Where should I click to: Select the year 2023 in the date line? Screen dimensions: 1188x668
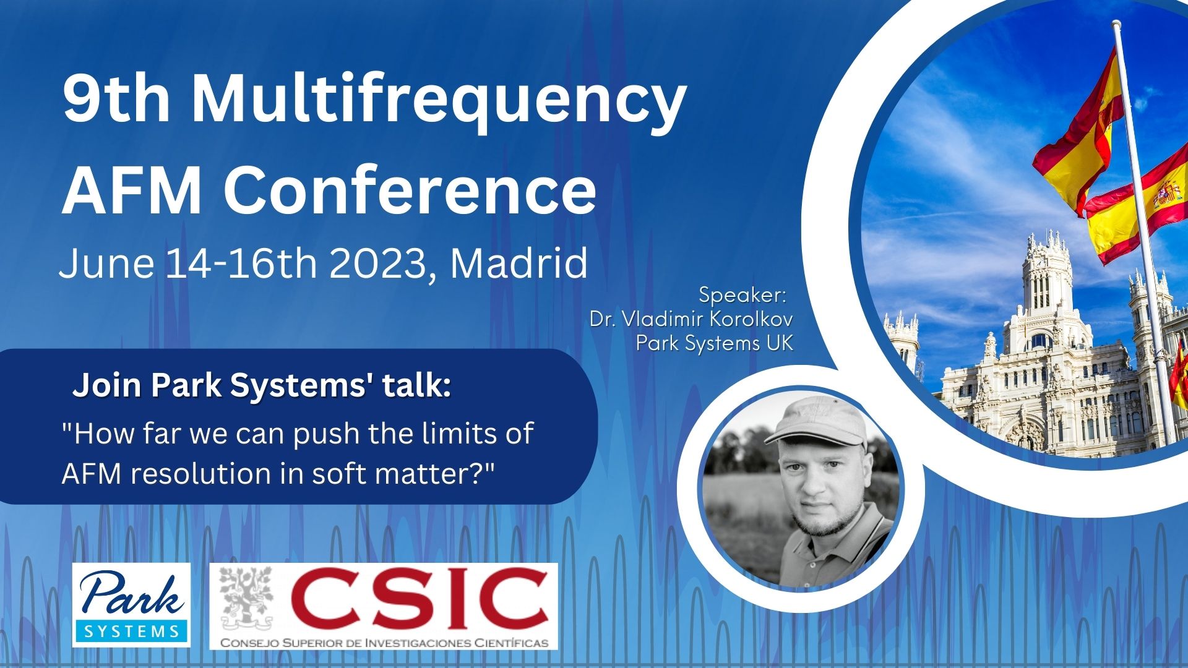click(377, 263)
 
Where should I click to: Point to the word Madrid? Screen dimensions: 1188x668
click(519, 263)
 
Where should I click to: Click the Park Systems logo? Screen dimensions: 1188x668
click(131, 605)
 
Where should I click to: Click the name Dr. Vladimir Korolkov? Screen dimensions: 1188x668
click(691, 319)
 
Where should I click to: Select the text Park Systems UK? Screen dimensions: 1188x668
click(715, 343)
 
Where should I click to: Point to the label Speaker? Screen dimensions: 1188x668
click(742, 295)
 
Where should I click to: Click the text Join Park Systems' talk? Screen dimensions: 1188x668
click(262, 385)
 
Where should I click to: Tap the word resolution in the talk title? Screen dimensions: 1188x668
click(218, 474)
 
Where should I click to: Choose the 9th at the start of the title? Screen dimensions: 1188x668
click(116, 98)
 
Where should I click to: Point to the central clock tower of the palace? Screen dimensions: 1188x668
click(1046, 278)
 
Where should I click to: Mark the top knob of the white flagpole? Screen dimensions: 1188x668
click(1117, 25)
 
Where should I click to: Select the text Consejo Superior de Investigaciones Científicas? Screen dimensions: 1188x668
click(384, 643)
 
